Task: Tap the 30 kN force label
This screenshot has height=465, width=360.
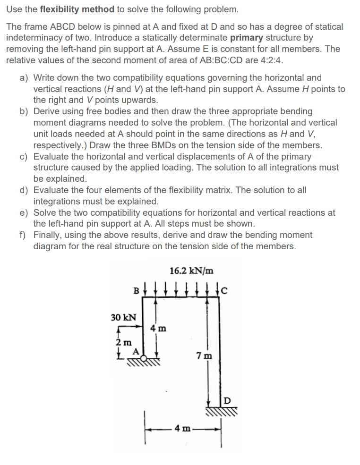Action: (124, 317)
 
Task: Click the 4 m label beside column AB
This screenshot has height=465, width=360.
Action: (158, 327)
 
